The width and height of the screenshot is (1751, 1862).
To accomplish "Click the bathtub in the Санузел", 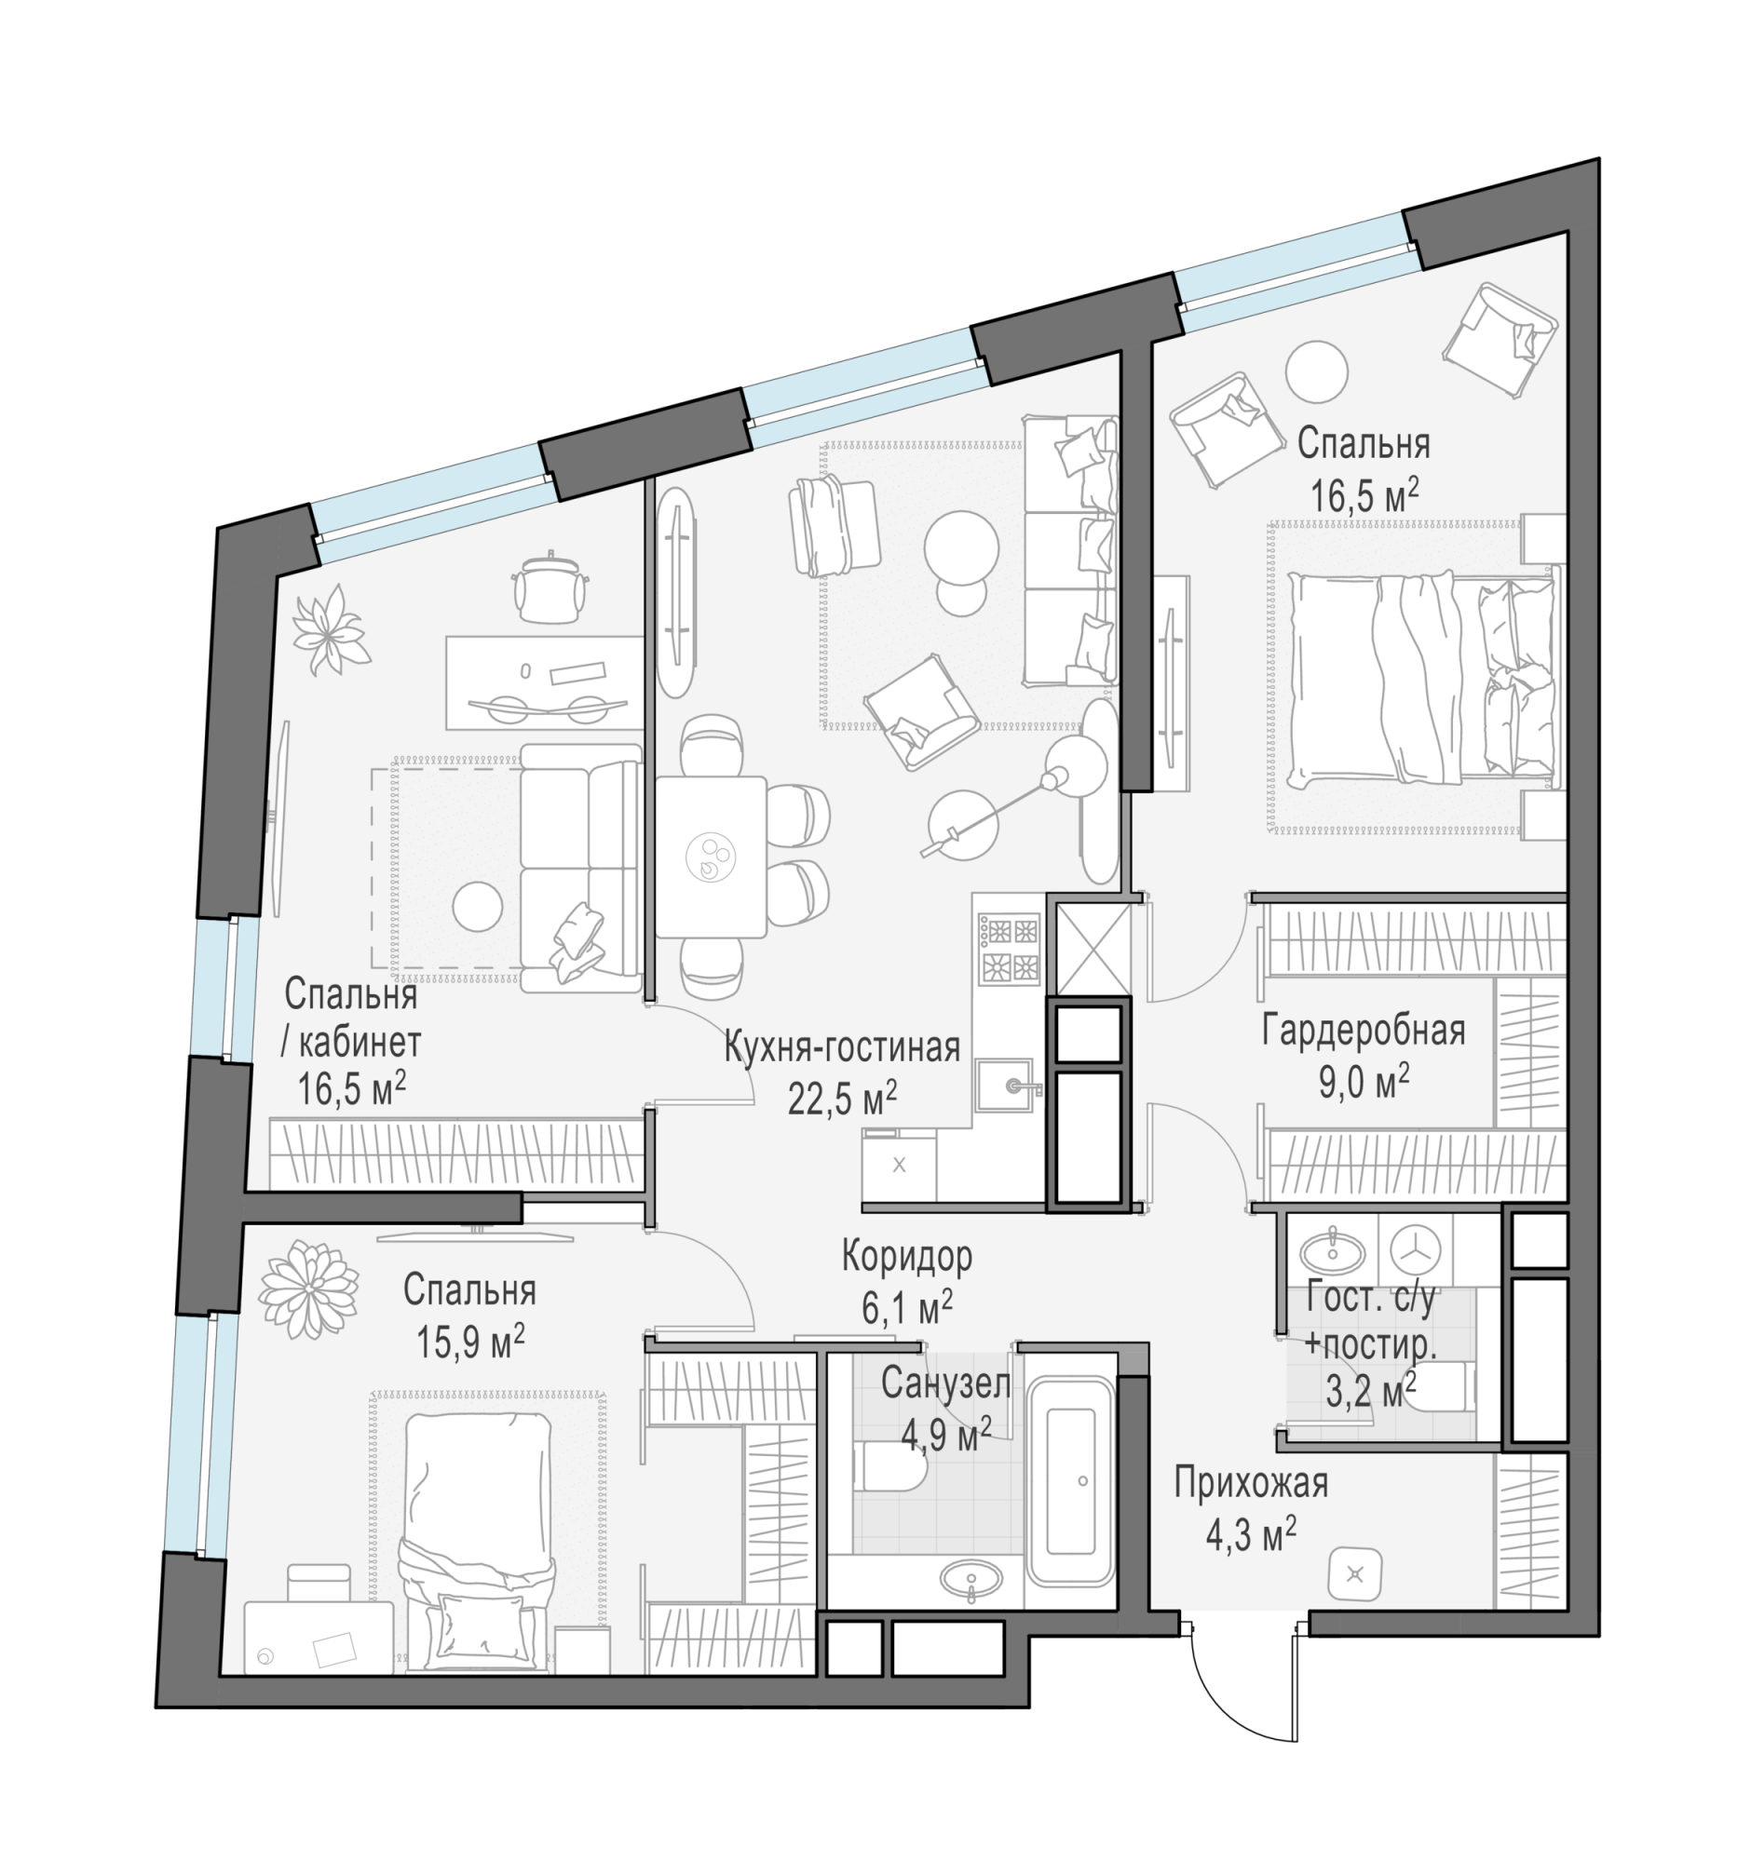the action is [1069, 1481].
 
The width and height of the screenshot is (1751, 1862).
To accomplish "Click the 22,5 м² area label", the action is [842, 1099].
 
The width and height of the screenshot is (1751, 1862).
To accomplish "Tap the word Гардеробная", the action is [1364, 1031].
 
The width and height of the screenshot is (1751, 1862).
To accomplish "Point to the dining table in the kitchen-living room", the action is [710, 857].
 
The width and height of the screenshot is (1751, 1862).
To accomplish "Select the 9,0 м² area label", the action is [1364, 1083].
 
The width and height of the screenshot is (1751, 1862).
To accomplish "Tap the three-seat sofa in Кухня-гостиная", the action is [1070, 550].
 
